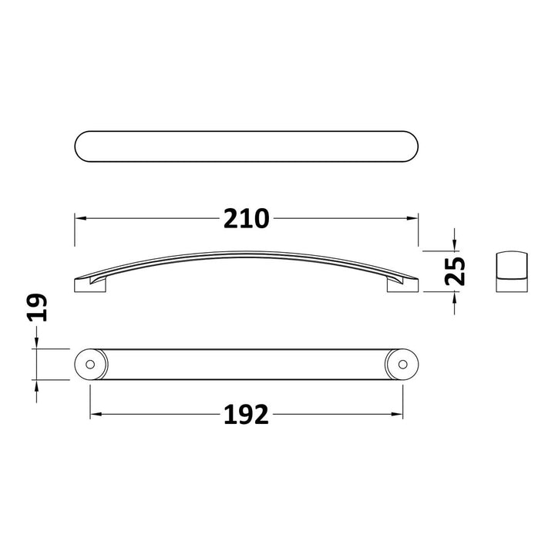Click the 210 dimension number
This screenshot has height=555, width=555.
(x=247, y=218)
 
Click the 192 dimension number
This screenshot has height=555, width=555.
(x=247, y=415)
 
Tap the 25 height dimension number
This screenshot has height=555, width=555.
(x=455, y=271)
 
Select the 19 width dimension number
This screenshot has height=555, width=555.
(x=37, y=308)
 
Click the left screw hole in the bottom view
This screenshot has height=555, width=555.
(x=90, y=364)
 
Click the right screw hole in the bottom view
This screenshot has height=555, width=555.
(x=403, y=364)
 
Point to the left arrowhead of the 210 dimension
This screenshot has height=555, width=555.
(x=80, y=218)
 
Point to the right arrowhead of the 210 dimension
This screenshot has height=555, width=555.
(x=412, y=218)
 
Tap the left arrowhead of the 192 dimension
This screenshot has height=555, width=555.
(x=96, y=414)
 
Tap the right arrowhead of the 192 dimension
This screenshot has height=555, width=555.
(x=397, y=414)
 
